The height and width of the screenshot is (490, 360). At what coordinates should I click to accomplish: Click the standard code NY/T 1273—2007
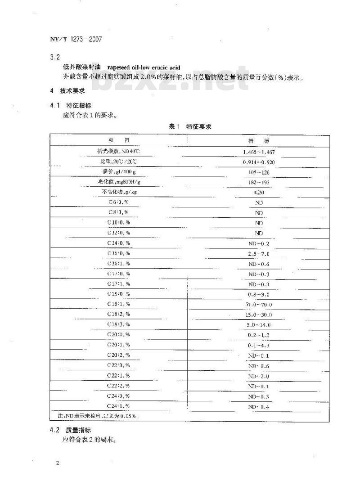(76, 39)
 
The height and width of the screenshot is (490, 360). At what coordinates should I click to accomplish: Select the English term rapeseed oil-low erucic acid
(144, 68)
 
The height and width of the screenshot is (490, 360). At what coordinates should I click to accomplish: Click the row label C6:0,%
(118, 202)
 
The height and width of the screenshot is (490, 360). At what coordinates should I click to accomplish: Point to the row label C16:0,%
(118, 254)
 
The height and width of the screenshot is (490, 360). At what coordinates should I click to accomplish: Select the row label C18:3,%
(118, 324)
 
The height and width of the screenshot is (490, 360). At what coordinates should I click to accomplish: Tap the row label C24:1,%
(118, 406)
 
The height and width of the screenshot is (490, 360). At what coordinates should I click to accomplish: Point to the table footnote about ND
(94, 416)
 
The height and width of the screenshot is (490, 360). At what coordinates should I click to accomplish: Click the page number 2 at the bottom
(58, 463)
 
